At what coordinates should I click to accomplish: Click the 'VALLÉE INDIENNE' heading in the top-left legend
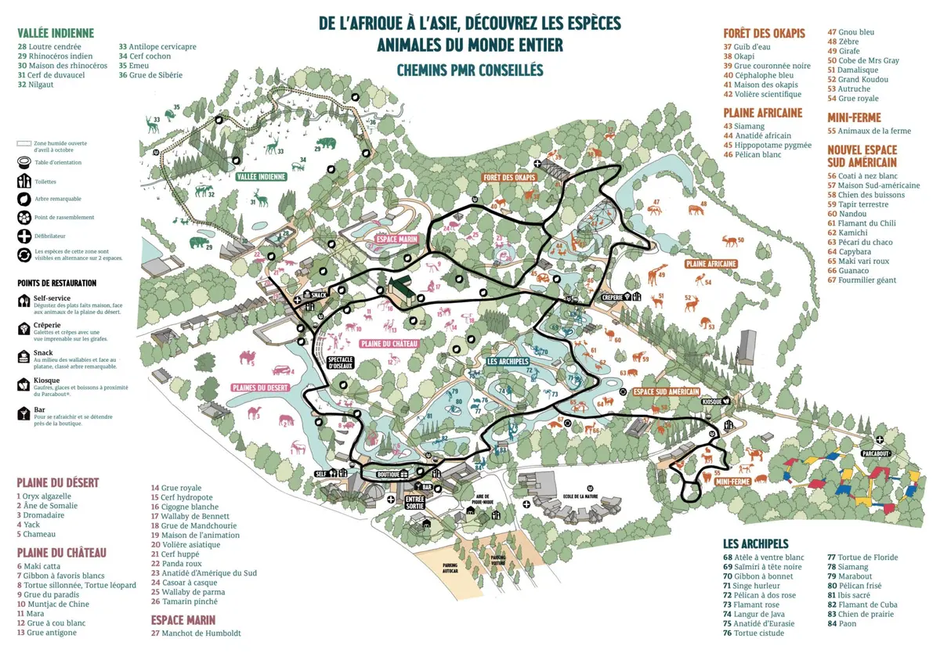(x=56, y=33)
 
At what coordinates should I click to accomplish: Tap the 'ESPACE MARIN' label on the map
(x=396, y=239)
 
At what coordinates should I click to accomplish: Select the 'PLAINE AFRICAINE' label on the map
(x=710, y=264)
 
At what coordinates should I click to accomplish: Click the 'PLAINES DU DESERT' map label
(x=260, y=388)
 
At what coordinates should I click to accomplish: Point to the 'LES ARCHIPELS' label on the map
(x=508, y=362)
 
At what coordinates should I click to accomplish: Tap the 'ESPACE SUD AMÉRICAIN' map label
(x=666, y=391)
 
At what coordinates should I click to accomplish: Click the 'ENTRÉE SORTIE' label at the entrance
(x=414, y=502)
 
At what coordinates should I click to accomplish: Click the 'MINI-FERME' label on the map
(x=733, y=482)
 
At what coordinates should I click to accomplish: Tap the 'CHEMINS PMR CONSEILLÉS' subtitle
(x=470, y=70)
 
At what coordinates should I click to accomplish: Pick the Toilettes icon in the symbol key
(x=23, y=181)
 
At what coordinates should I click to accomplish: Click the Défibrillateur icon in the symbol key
(x=23, y=235)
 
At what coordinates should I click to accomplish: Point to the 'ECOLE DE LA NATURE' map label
(x=580, y=496)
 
